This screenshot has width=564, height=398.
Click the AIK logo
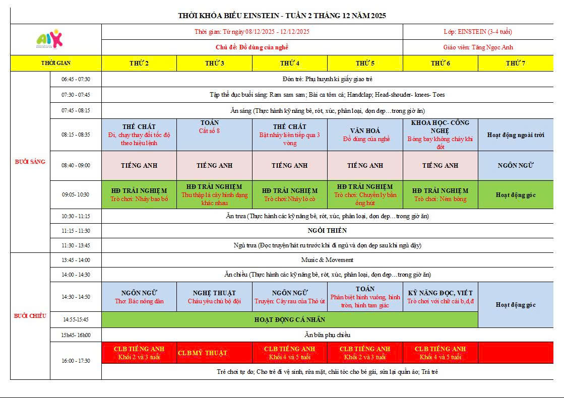(51, 39)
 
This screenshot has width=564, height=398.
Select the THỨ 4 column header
(290, 63)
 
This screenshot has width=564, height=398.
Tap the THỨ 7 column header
(516, 63)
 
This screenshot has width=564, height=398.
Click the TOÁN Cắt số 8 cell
(214, 127)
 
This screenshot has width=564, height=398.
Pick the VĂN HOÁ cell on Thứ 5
(365, 135)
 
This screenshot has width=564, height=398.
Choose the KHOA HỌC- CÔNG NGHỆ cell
(440, 135)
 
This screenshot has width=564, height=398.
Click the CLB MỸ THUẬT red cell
(203, 353)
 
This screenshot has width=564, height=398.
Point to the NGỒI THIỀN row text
(327, 231)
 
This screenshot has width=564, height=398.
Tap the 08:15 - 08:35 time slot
(76, 135)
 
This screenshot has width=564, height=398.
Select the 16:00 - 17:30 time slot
(76, 361)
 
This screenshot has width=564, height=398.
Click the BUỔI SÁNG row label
(30, 162)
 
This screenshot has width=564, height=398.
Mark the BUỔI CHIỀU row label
(30, 316)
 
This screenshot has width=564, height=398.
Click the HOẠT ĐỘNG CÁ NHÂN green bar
(290, 319)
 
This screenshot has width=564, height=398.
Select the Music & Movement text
(327, 260)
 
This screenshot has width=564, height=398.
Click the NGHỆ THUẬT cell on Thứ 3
(214, 297)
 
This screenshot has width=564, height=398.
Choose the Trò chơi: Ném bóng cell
(440, 194)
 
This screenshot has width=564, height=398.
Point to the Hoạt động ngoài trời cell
(516, 135)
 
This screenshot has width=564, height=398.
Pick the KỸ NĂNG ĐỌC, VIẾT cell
(440, 297)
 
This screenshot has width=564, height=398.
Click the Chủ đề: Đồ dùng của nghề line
(252, 47)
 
